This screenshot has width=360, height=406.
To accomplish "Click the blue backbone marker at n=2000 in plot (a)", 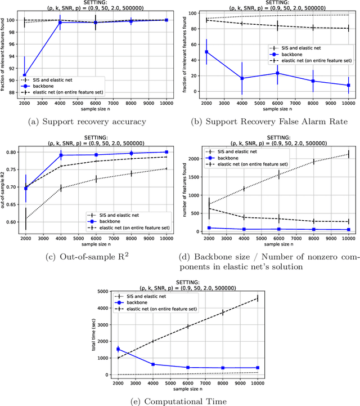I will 24,75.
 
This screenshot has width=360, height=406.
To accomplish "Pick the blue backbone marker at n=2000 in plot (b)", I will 206,52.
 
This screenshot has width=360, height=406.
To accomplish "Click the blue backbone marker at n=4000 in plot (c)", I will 61,155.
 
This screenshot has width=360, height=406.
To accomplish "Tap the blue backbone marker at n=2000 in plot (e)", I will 118,349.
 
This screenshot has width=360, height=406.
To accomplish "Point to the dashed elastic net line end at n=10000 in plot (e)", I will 258,298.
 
